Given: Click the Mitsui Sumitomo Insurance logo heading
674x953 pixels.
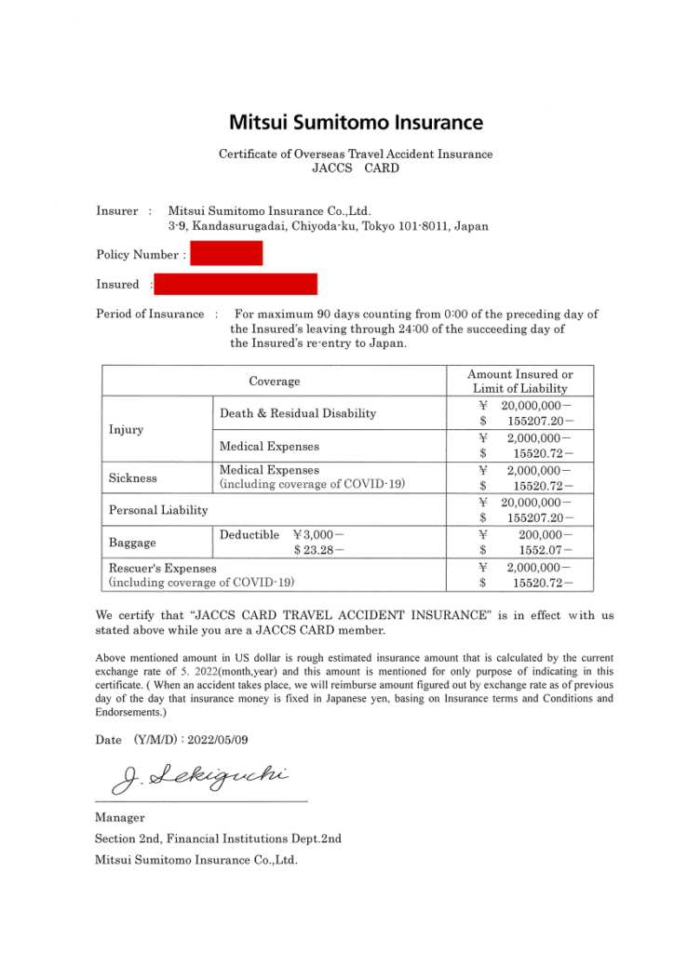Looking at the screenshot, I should [356, 122].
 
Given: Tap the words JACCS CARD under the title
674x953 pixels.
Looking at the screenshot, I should [356, 168].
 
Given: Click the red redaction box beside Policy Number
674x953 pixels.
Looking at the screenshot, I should [226, 253].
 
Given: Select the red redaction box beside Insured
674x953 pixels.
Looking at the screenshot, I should [236, 284].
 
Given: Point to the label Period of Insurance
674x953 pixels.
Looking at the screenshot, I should [150, 314].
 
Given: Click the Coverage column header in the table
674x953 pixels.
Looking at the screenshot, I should [275, 382].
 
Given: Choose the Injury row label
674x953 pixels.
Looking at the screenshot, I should [127, 430].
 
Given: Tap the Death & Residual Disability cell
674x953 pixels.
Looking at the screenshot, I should [298, 413].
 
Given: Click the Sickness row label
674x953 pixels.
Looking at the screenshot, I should [133, 477].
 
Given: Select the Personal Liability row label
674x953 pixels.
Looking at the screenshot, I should [158, 510].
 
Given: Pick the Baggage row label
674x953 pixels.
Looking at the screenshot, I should [132, 542].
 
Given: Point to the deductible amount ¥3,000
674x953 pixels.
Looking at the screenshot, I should [318, 535].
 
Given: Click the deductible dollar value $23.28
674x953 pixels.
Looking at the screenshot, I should [318, 550].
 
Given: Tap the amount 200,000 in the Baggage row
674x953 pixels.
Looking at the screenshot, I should [541, 535].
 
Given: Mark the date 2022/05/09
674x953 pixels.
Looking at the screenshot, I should [218, 739].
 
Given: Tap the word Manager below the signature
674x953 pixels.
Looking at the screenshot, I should [120, 817].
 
